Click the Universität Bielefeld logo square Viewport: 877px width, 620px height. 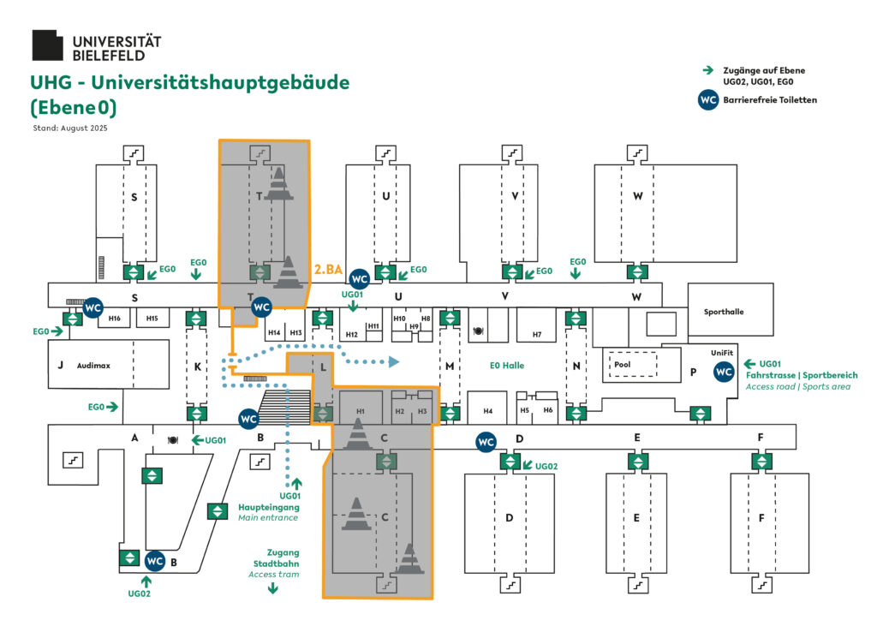coord(47,45)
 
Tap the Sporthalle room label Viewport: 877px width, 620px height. coord(724,312)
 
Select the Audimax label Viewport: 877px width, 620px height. coord(93,366)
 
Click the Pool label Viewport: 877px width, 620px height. coord(623,364)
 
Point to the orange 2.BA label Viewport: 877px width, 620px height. coord(329,270)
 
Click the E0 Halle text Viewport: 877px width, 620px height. coord(506,366)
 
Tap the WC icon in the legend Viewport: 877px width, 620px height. coord(708,100)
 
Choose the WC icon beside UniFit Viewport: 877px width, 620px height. coord(724,372)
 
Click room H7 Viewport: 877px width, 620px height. coord(537,335)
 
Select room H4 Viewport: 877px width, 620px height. coord(488,411)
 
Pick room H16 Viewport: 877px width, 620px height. coord(115,319)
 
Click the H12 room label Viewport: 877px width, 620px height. coord(351,334)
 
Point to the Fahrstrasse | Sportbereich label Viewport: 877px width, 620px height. coord(801,375)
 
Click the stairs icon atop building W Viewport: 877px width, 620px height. coord(636,152)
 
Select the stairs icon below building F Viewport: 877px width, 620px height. coord(761,584)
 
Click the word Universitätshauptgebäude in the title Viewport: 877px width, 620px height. coord(219,83)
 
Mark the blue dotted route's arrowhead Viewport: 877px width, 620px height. coord(392,362)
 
